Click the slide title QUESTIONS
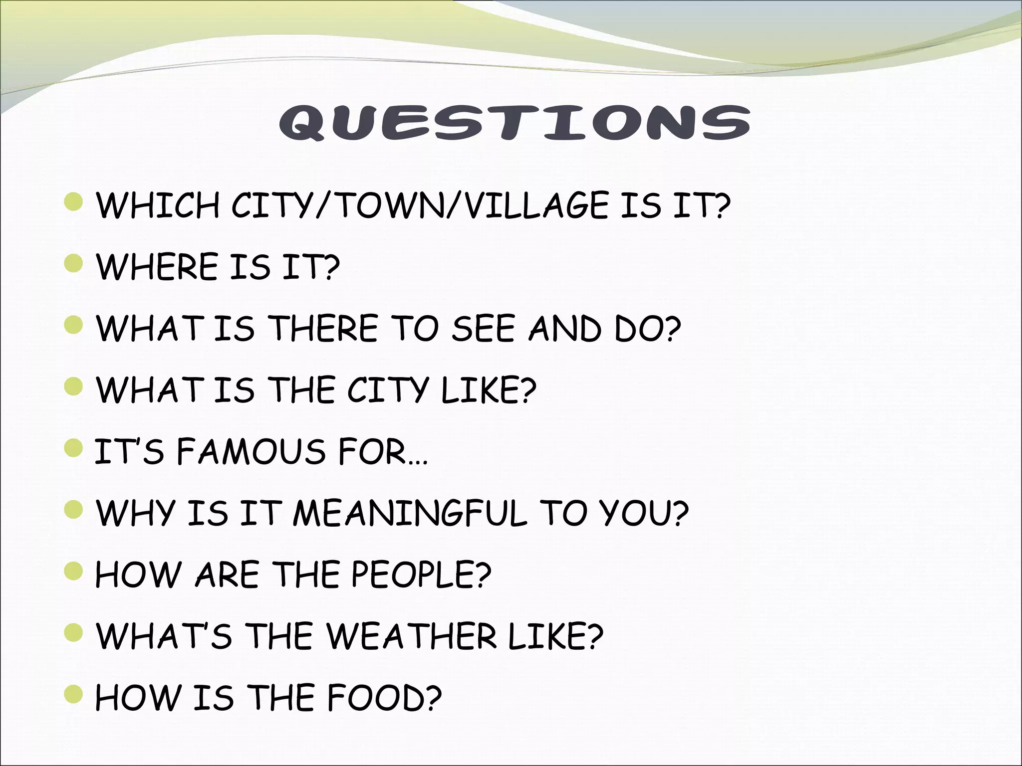[x=514, y=122]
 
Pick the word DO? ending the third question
[x=647, y=329]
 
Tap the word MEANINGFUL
[x=410, y=513]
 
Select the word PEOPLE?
[x=421, y=574]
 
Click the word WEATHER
[x=412, y=636]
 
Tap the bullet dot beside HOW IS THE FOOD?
[x=74, y=694]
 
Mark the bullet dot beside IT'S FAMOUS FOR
[x=74, y=447]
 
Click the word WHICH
[x=158, y=205]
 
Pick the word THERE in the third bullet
[x=324, y=329]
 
